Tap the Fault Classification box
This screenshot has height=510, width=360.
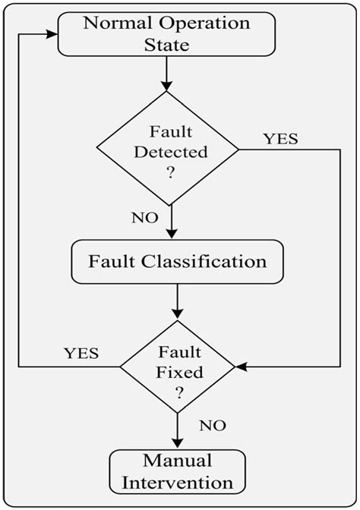[x=176, y=263]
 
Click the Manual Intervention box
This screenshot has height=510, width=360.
[x=177, y=471]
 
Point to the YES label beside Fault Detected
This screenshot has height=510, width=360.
[x=281, y=139]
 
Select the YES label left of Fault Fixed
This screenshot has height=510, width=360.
[x=80, y=353]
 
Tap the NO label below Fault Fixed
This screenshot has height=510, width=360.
[x=213, y=425]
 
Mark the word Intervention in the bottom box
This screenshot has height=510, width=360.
[x=177, y=482]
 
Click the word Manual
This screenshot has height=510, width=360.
[x=177, y=461]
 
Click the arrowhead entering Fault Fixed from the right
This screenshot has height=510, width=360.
[x=241, y=367]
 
